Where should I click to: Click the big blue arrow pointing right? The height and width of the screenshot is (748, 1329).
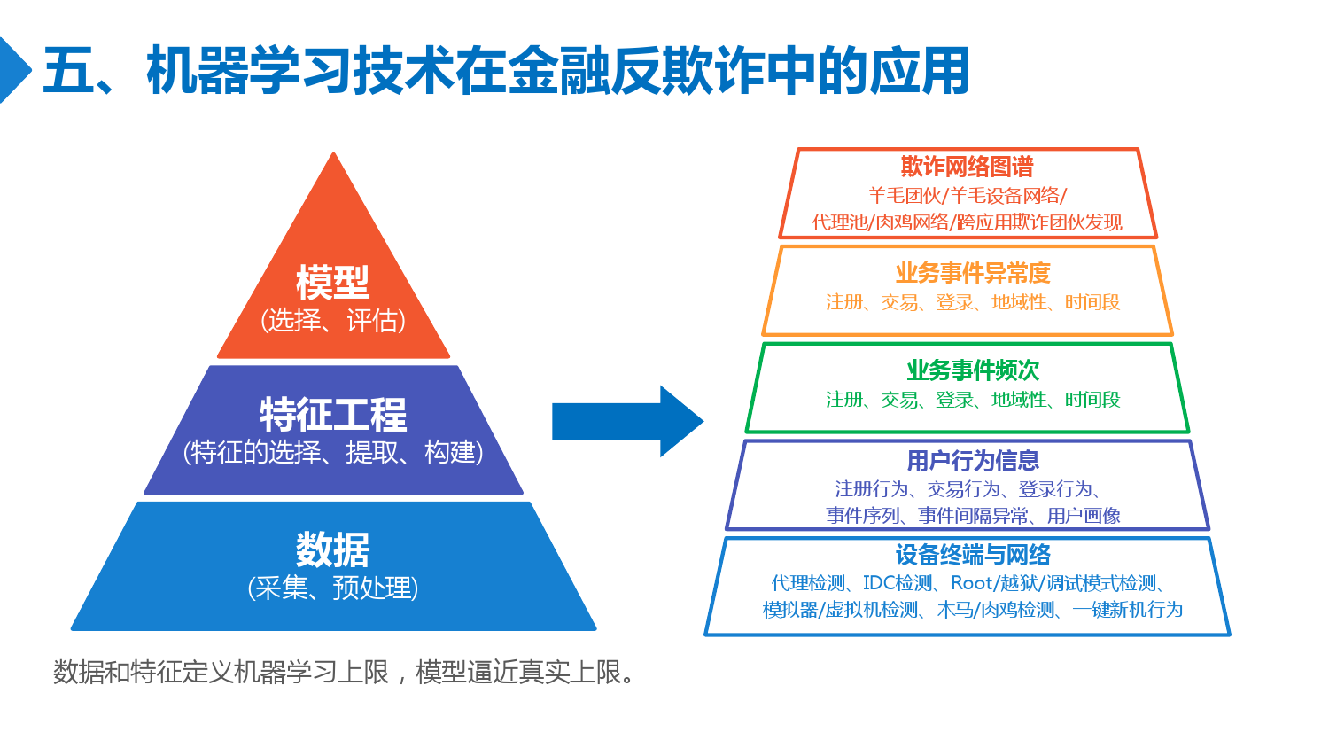pos(627,421)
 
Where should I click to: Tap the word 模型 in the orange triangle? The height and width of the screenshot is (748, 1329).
pos(333,283)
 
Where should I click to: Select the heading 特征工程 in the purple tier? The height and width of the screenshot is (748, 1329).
pos(333,415)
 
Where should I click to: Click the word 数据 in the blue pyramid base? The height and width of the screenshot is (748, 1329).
pos(333,549)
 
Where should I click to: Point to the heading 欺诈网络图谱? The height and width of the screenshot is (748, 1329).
pos(968,167)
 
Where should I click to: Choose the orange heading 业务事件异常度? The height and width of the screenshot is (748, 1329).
pos(973,273)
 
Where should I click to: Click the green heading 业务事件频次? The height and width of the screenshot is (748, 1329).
pos(973,370)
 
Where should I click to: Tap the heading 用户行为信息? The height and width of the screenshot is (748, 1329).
pos(973,461)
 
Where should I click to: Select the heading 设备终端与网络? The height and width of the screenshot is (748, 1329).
pos(973,555)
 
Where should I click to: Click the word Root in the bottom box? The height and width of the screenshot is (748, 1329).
pos(972,583)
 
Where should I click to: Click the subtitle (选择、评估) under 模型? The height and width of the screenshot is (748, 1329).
pos(333,321)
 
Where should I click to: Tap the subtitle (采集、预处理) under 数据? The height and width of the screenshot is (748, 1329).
pos(333,588)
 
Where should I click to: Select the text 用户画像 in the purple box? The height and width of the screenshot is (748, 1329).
pos(1084,515)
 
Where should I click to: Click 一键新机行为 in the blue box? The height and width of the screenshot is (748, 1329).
pos(1127,610)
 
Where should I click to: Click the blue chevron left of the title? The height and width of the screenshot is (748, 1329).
pos(14,70)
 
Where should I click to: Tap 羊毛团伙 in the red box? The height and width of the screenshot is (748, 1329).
pos(905,195)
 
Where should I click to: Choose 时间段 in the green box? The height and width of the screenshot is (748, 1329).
pos(1092,400)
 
